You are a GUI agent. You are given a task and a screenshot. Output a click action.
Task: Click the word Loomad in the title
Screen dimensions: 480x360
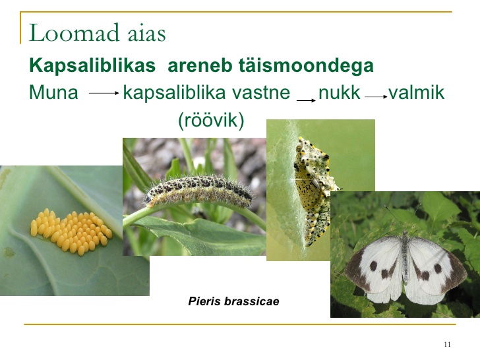(74, 32)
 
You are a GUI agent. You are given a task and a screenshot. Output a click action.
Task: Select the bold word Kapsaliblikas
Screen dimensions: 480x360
(92, 66)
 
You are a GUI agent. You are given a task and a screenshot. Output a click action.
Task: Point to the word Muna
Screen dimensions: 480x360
(53, 92)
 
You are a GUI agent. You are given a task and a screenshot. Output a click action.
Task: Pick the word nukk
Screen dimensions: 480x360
(339, 92)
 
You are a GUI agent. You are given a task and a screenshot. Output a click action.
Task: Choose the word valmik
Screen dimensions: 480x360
(416, 92)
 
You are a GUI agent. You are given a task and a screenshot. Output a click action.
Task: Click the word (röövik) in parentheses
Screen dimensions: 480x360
(211, 120)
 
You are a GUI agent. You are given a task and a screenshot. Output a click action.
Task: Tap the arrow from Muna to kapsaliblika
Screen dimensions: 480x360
(104, 93)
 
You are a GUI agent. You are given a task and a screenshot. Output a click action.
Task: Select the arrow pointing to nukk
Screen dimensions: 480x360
(306, 100)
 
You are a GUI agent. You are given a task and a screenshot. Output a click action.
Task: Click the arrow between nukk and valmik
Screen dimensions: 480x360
(376, 97)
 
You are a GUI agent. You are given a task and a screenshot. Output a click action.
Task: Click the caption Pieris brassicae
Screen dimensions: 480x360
(233, 301)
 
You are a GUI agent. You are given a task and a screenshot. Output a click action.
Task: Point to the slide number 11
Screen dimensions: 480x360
(447, 344)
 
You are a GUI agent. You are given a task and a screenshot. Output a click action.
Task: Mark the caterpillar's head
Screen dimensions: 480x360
(148, 199)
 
